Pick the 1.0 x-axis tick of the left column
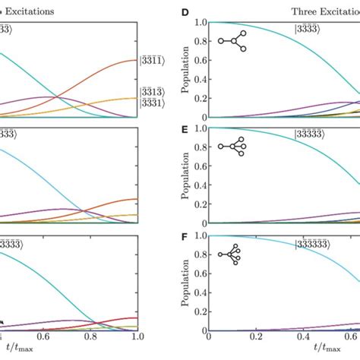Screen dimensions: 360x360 [x=137, y=340]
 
